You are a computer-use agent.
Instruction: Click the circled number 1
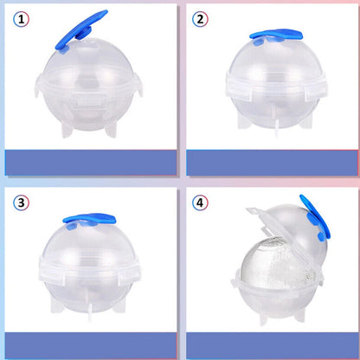coord(21,20)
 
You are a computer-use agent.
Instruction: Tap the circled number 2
coord(200,19)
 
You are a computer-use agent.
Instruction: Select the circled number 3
coord(21,202)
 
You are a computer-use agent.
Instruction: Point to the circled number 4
coord(200,202)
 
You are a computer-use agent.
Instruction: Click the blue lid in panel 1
coord(80,32)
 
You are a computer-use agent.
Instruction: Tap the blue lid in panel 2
coord(275,36)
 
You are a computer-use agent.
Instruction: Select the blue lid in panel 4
coord(316,218)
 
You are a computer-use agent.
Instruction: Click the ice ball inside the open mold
coord(275,264)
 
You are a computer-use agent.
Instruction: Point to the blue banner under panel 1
coord(91,163)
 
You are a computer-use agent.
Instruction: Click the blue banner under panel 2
coord(272,163)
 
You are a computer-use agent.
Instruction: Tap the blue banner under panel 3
coord(91,345)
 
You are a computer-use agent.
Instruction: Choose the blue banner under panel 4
coord(272,345)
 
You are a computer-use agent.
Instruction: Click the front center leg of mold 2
coord(277,125)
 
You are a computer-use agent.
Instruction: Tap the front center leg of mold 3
coord(90,310)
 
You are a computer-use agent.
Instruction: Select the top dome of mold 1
coord(88,61)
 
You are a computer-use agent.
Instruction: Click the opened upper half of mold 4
coord(292,228)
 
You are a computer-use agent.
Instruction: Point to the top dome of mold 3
coord(89,245)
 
